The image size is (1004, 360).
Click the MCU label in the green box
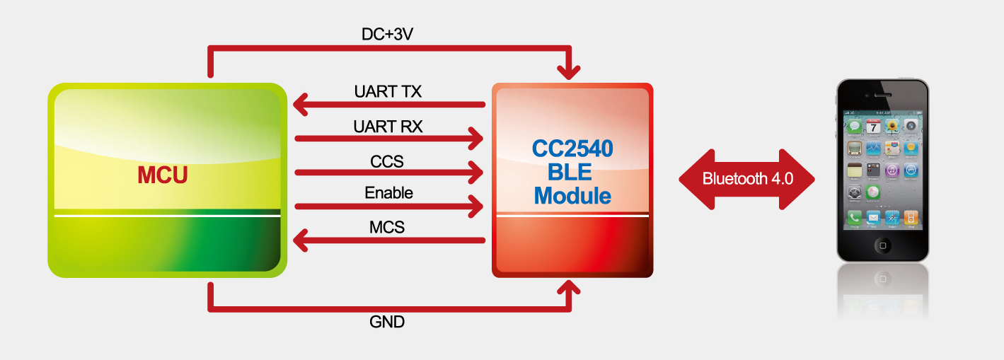tap(163, 174)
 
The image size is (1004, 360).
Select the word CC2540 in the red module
tap(572, 149)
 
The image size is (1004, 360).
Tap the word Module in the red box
tap(572, 195)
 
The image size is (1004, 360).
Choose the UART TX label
tap(388, 91)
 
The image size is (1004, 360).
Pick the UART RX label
tap(388, 127)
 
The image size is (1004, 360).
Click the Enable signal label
tap(388, 192)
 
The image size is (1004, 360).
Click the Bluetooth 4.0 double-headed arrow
tap(747, 179)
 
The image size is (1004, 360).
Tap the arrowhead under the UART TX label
tap(301, 105)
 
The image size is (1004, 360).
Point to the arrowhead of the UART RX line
tap(475, 138)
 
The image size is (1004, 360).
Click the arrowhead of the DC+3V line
tap(569, 71)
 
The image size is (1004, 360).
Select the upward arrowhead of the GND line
tap(569, 286)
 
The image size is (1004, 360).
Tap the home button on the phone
tap(882, 245)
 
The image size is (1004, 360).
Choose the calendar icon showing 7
tap(874, 127)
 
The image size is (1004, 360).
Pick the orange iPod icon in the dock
tap(911, 218)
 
